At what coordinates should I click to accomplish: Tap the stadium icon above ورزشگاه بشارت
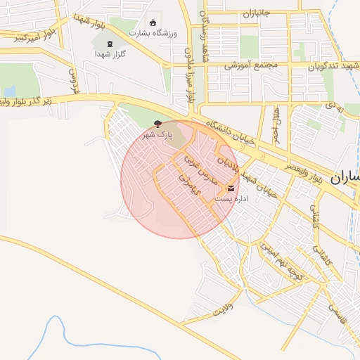pyautogui.click(x=154, y=22)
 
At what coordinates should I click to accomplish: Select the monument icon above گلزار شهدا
pyautogui.click(x=109, y=44)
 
